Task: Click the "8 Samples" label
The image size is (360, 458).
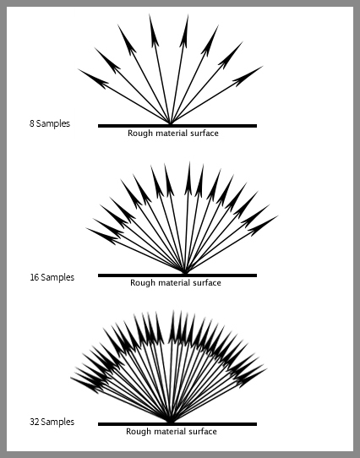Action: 50,123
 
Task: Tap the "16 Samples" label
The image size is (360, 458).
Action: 52,277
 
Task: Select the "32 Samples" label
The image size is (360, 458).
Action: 52,422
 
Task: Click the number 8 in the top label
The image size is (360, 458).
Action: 32,123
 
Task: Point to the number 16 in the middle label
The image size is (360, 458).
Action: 35,277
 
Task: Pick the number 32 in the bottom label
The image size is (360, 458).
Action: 35,422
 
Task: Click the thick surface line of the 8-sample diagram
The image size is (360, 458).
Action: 177,126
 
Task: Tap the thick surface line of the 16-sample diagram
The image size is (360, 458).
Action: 177,275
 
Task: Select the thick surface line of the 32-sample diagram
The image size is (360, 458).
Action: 177,424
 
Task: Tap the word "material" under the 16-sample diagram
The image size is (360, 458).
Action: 173,283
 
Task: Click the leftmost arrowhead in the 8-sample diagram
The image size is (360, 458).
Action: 94,79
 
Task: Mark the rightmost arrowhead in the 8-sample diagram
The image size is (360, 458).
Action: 248,76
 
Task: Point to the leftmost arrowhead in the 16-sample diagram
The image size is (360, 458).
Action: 102,236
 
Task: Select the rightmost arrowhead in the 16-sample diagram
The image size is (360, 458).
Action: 263,226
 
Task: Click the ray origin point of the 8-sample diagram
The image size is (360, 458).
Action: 170,124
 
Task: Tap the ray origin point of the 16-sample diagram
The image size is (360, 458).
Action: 185,274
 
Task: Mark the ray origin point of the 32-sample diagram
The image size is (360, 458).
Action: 170,422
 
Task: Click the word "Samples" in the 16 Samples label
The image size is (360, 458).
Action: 57,277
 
